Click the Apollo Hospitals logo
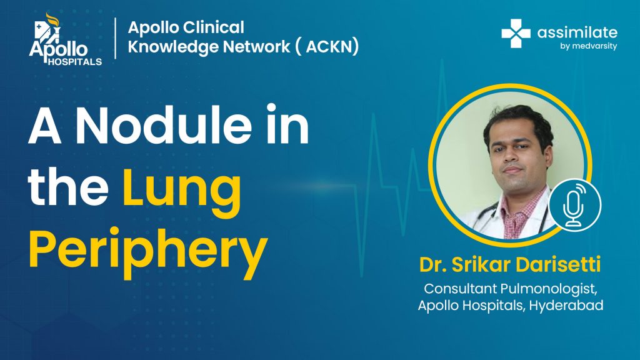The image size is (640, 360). click(x=65, y=39)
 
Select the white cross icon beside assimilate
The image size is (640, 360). click(x=516, y=34)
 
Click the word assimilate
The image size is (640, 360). click(x=577, y=32)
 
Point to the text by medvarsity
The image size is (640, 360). click(x=588, y=46)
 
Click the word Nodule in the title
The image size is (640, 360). click(x=164, y=124)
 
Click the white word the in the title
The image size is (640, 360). click(x=68, y=186)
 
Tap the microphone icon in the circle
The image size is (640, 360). click(x=574, y=205)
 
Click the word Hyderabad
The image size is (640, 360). click(x=566, y=306)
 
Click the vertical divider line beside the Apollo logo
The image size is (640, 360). click(x=116, y=38)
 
